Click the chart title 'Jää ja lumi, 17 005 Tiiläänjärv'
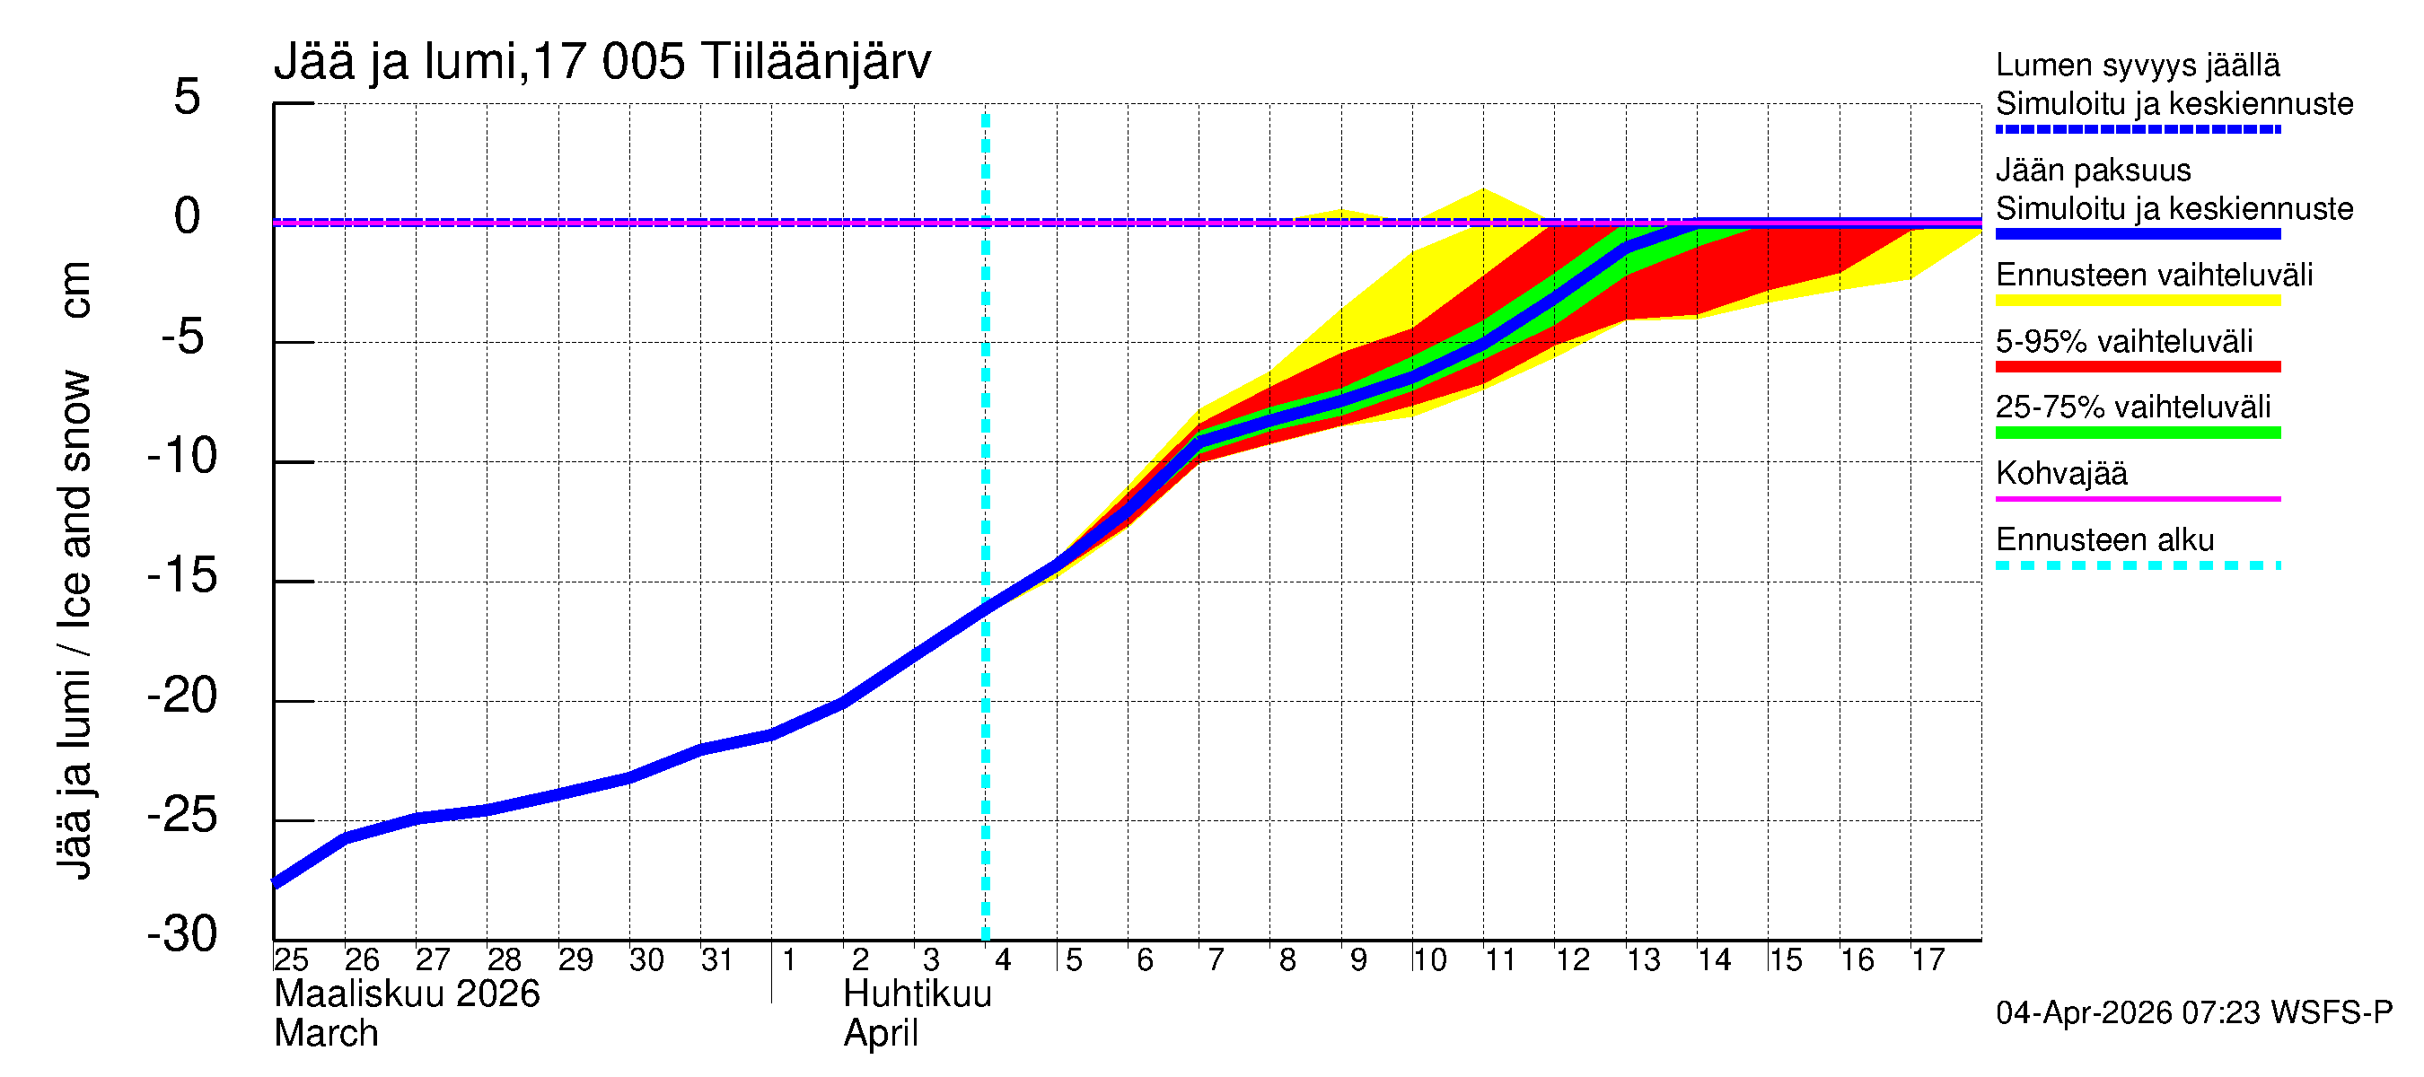602,62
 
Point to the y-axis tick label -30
182,934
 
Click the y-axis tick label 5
188,97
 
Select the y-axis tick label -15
182,574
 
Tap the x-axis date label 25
291,959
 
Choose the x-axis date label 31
717,959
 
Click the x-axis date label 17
1928,959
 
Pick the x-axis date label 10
1429,959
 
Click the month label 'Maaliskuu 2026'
407,994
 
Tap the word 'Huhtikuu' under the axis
918,994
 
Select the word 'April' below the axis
880,1034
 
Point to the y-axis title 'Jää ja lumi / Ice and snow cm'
74,570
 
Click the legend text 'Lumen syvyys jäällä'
2138,65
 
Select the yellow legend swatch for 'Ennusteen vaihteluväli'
2138,301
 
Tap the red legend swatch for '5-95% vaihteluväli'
2138,367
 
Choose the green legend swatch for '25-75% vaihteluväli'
2138,433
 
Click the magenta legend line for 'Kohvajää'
2138,498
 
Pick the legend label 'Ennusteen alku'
2105,540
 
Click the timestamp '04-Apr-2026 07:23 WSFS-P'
2193,1013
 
